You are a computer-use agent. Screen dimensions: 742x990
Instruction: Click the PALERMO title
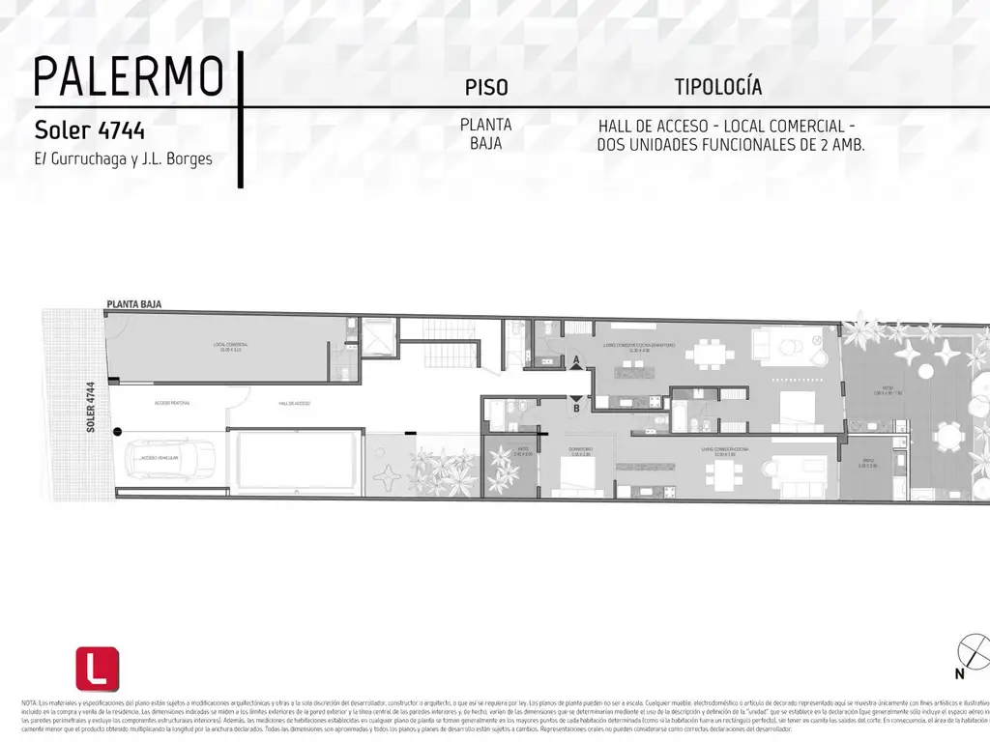pos(129,76)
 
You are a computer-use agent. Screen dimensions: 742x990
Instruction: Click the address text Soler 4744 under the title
pos(90,129)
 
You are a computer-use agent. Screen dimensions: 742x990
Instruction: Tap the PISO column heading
pos(486,88)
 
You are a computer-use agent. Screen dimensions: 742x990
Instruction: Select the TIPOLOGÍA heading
pos(717,87)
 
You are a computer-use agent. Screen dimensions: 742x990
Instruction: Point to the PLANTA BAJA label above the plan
pos(133,304)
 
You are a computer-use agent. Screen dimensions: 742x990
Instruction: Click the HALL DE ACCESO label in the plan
pos(294,404)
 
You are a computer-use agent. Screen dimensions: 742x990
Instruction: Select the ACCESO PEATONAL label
pos(171,403)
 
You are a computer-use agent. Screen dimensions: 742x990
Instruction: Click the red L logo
pos(98,669)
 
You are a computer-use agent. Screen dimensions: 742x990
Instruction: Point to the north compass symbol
pos(971,653)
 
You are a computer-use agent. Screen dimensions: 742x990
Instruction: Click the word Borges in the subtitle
pos(189,158)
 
